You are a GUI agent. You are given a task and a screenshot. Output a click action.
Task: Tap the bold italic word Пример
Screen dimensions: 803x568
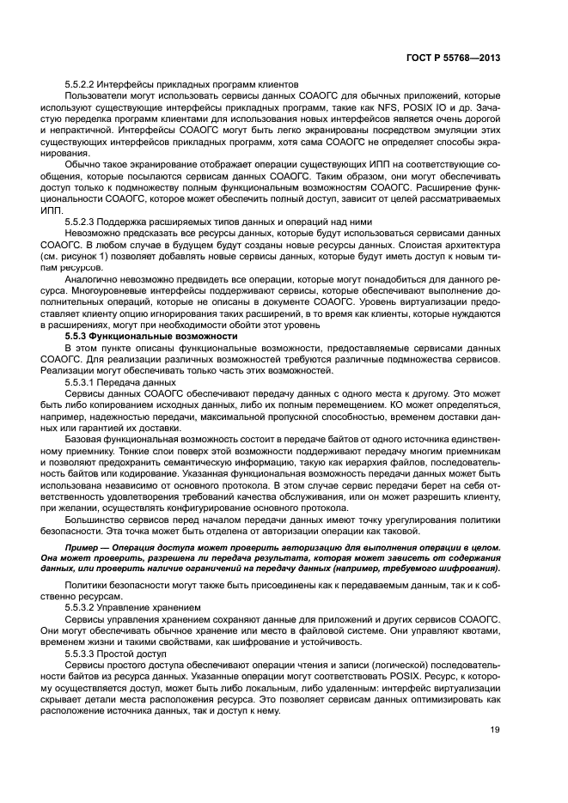[84, 546]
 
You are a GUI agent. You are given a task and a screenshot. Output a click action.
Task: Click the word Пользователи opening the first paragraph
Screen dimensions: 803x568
[95, 95]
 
